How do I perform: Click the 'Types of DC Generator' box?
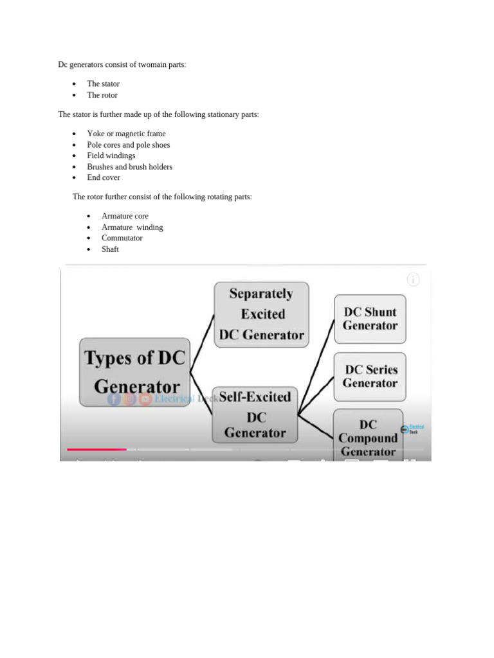134,372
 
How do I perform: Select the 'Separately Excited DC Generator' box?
261,315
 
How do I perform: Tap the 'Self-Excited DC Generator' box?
255,415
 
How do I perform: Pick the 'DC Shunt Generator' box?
370,319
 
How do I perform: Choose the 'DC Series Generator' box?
370,377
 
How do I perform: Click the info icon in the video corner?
413,280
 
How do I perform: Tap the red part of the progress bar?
96,449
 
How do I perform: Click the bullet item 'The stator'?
104,84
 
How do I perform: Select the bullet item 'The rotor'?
102,95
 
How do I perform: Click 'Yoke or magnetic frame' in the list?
127,134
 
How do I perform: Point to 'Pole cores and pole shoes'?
129,145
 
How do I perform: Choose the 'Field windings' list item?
111,156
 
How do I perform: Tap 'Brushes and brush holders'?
130,167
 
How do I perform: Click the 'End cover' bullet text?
104,177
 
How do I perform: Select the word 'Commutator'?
122,238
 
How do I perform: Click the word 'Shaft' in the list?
110,249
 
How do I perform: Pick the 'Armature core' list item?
125,216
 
